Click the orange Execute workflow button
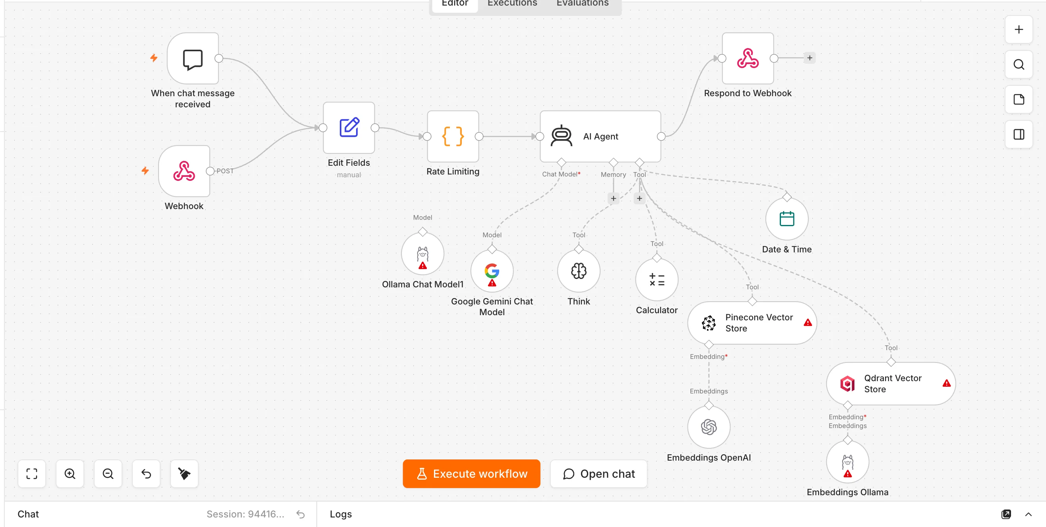coord(471,473)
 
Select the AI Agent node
coord(600,136)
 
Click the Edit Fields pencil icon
coord(349,128)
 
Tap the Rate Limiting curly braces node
coord(453,136)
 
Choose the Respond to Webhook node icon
coord(748,58)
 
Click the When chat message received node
coord(193,58)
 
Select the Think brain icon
coord(579,271)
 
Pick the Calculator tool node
coord(657,280)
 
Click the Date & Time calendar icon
coord(786,219)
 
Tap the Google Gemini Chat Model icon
coord(492,271)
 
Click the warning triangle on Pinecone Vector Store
coord(808,323)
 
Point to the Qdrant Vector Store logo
coord(847,384)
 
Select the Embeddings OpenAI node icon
coord(709,427)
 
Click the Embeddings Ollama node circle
coord(847,462)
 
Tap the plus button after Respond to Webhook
coord(809,58)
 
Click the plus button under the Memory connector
coord(613,199)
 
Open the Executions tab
coord(512,3)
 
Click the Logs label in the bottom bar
coord(341,514)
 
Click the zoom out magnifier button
coord(108,473)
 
